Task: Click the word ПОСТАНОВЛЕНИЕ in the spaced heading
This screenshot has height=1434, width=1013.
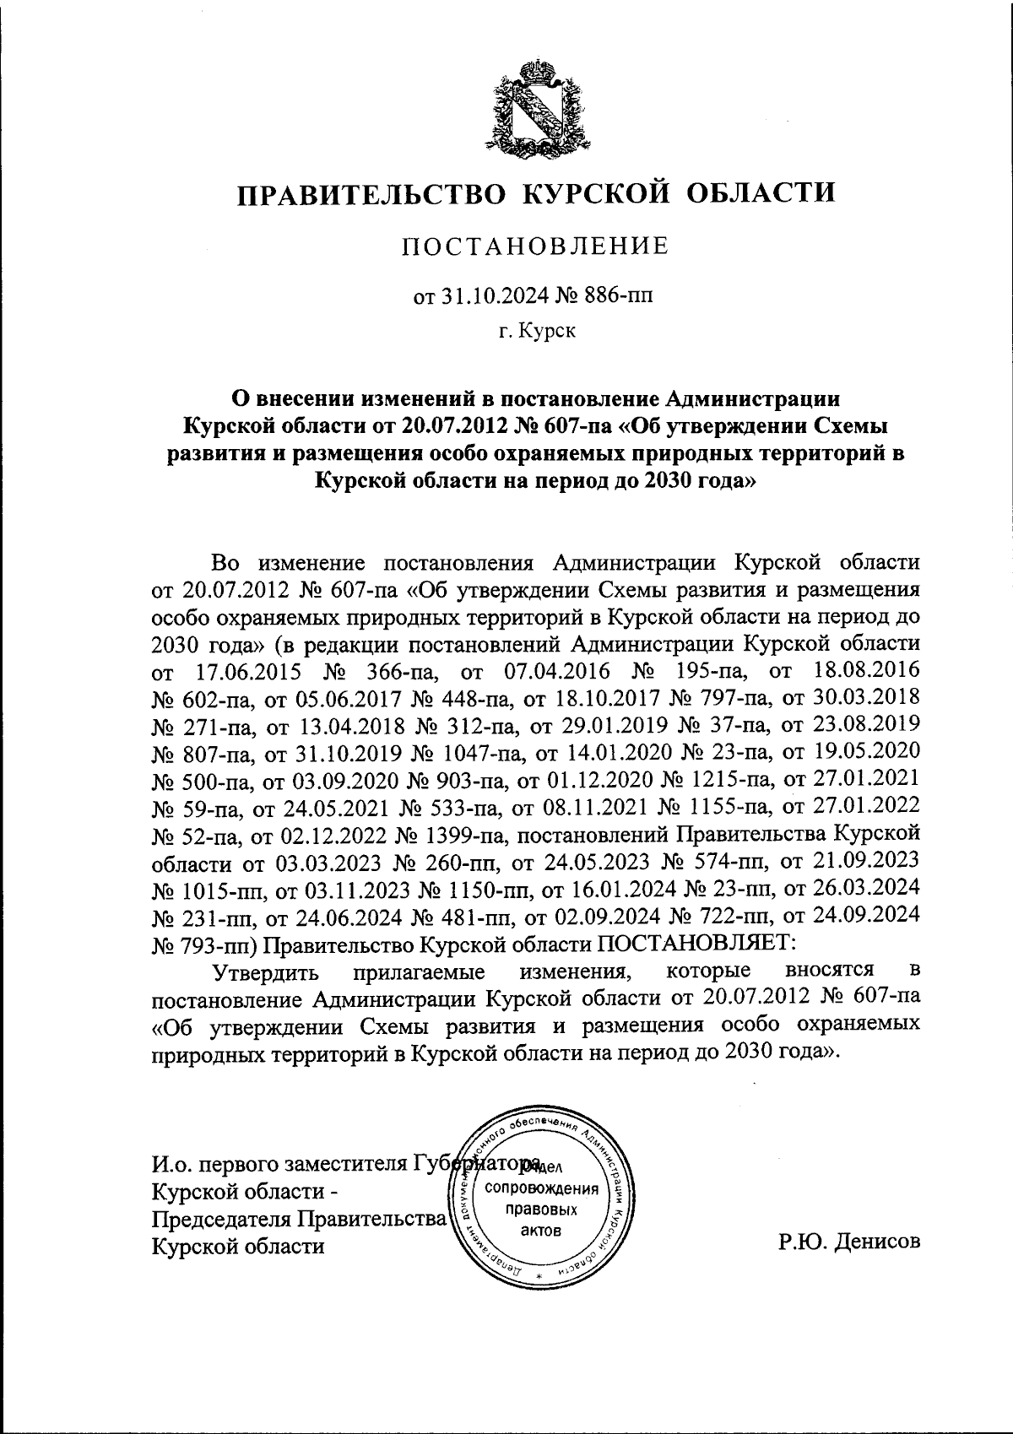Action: coord(534,246)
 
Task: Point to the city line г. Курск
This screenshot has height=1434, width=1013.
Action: coord(536,332)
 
